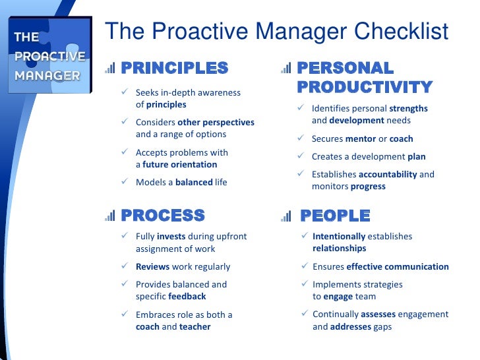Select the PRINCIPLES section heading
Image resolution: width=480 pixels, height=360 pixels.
pyautogui.click(x=175, y=68)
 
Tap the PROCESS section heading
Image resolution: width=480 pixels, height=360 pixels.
pyautogui.click(x=163, y=216)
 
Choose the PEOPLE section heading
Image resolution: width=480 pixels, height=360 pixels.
pyautogui.click(x=335, y=216)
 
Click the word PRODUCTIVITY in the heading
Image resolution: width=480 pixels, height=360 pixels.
pyautogui.click(x=365, y=87)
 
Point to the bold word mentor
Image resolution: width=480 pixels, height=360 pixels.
pyautogui.click(x=360, y=139)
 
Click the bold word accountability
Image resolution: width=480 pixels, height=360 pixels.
pyautogui.click(x=388, y=175)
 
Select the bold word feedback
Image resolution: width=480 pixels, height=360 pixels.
pyautogui.click(x=187, y=297)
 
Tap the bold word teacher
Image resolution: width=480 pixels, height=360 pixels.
pyautogui.click(x=196, y=327)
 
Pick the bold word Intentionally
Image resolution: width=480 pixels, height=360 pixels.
pyautogui.click(x=339, y=236)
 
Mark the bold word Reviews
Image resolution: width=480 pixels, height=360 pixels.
pyautogui.click(x=152, y=267)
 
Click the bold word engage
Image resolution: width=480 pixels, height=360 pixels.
pyautogui.click(x=338, y=297)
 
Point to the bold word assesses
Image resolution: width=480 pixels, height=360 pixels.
pyautogui.click(x=378, y=315)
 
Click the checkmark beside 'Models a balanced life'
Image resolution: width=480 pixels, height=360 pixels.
pyautogui.click(x=125, y=182)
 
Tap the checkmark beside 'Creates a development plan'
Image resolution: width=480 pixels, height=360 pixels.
pyautogui.click(x=300, y=157)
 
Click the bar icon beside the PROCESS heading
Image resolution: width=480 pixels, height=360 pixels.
pyautogui.click(x=110, y=216)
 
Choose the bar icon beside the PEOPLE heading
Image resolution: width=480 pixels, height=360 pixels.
pyautogui.click(x=286, y=216)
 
